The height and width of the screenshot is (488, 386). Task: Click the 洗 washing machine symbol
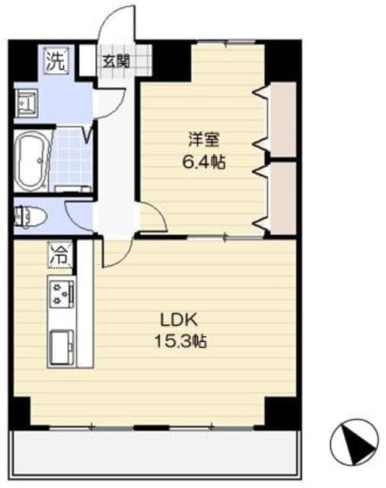click(55, 59)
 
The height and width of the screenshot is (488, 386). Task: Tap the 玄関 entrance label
click(116, 60)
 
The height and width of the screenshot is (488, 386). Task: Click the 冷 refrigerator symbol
click(58, 255)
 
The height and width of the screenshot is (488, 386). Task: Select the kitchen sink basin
click(62, 347)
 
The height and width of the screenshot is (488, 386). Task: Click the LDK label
click(176, 319)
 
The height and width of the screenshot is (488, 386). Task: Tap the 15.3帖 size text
click(180, 341)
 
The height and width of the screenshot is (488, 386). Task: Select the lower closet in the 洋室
click(282, 196)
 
